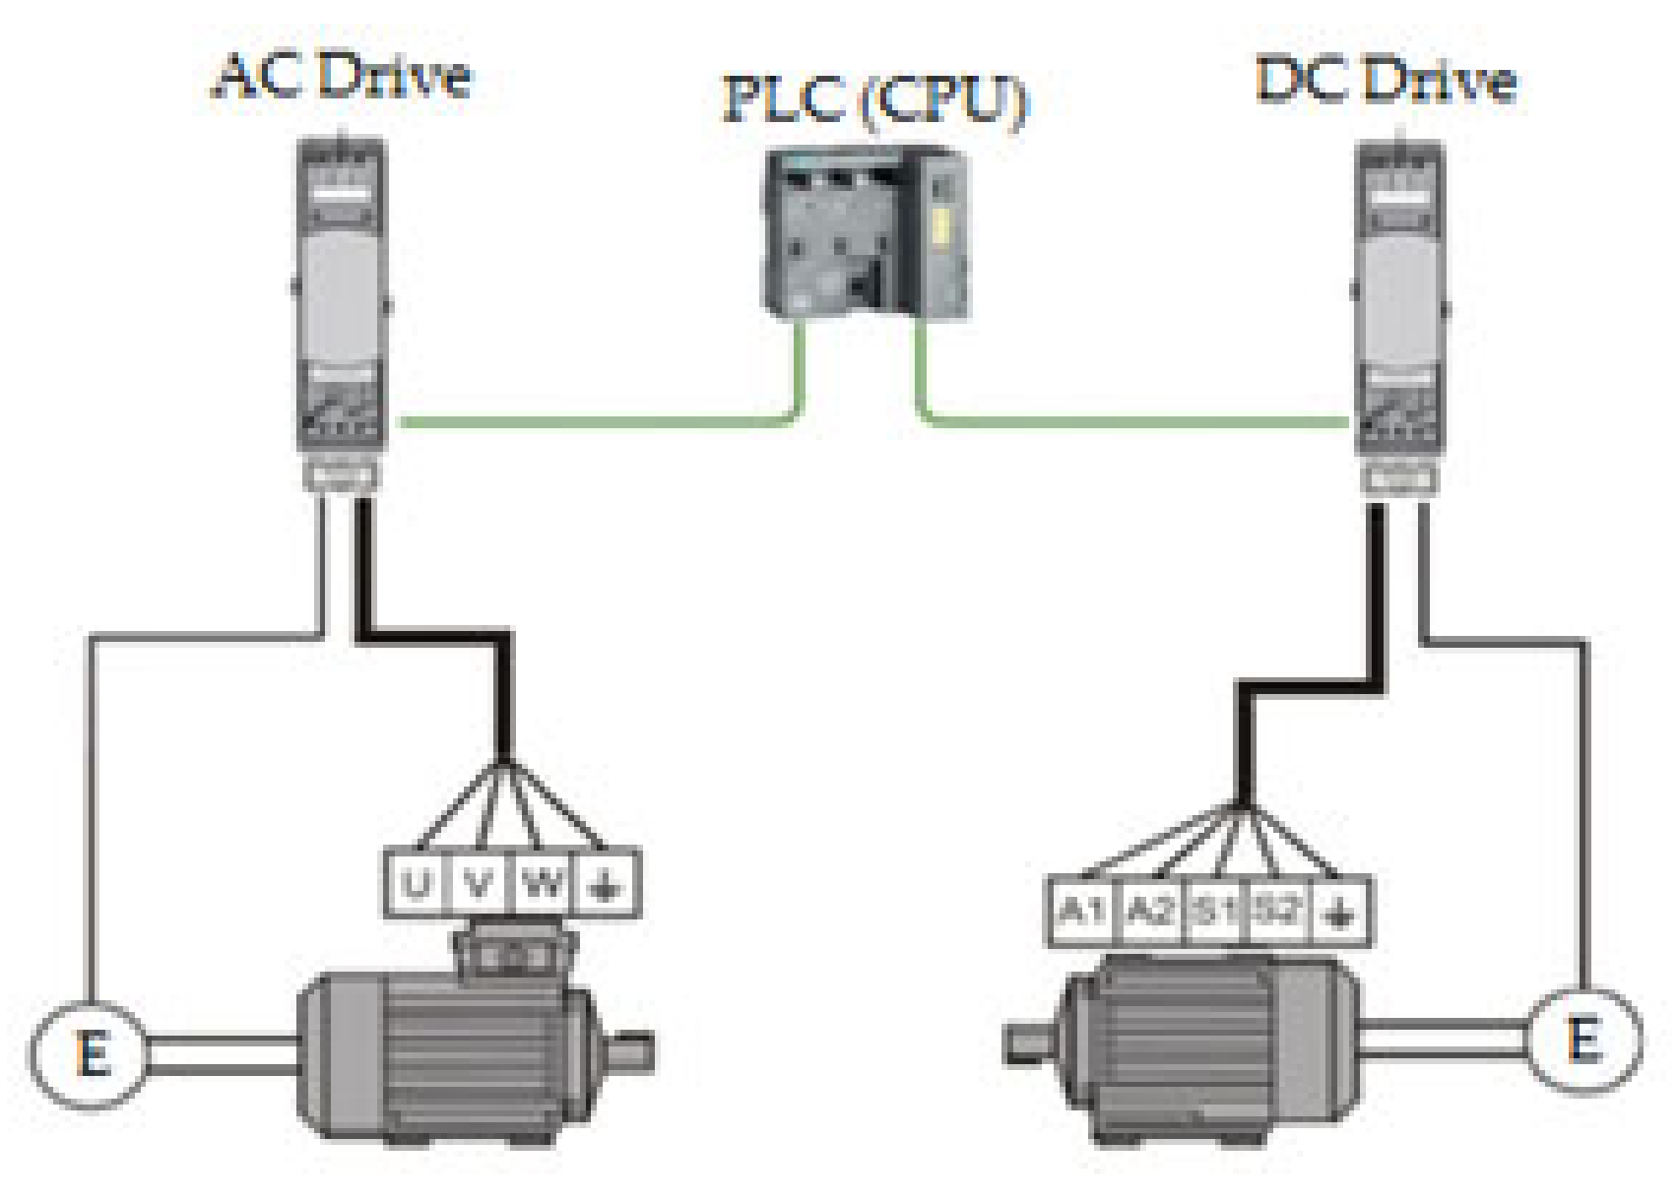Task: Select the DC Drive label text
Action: [x=1386, y=80]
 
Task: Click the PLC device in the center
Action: [x=865, y=233]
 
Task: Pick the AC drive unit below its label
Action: [x=341, y=305]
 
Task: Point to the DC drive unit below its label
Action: [x=1399, y=310]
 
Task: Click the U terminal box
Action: [x=417, y=884]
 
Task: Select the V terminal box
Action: [x=479, y=884]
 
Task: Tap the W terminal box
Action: [x=541, y=884]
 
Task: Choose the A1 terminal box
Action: [x=1082, y=911]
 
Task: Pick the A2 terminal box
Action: [x=1149, y=911]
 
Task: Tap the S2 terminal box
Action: [x=1276, y=911]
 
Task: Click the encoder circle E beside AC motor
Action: [x=91, y=1054]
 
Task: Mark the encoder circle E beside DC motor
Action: [x=1584, y=1041]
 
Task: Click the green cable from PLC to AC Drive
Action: [x=591, y=421]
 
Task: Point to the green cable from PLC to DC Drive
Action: [x=1132, y=421]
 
